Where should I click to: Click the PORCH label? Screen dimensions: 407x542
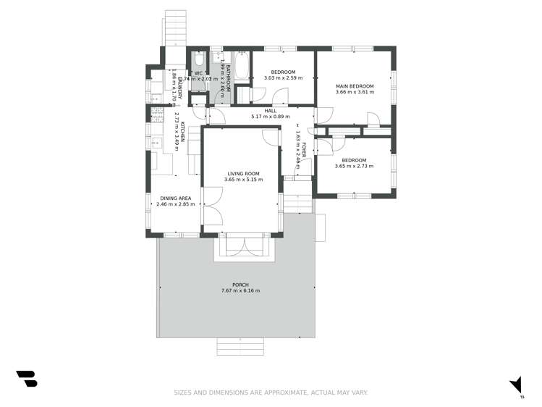pos(240,285)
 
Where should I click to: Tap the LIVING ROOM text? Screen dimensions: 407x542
pos(243,174)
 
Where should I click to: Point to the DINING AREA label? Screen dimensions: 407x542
pos(175,198)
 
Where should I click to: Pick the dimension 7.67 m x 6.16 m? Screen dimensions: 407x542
pos(240,291)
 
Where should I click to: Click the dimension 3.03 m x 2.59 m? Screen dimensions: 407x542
pos(283,77)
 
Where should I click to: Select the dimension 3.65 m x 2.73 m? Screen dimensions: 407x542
pos(355,166)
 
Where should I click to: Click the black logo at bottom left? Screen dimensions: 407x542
pos(26,379)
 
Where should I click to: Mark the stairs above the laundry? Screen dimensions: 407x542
pos(175,28)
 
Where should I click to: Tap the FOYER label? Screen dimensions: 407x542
pos(305,151)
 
